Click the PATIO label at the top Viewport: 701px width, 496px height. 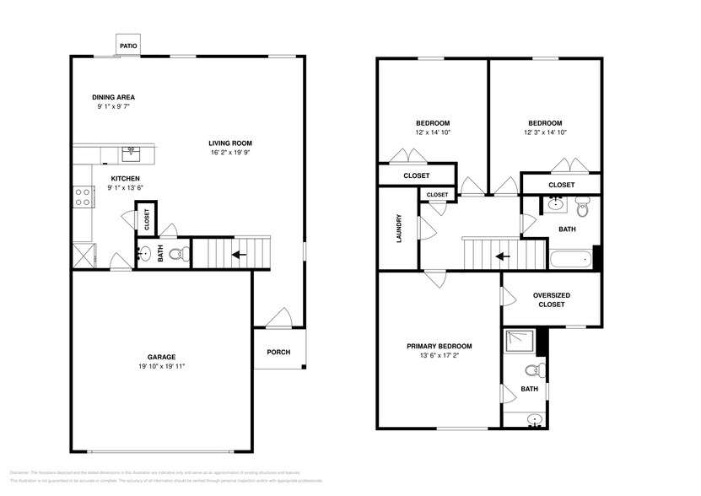[128, 46]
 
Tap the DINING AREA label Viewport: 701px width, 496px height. [113, 98]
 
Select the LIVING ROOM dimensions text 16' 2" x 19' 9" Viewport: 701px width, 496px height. [231, 153]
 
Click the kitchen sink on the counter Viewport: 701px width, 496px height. [130, 154]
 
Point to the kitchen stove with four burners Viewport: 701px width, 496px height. [84, 197]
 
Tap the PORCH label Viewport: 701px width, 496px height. [278, 352]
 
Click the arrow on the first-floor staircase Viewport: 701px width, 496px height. [240, 253]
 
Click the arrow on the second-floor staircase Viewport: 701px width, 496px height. [503, 256]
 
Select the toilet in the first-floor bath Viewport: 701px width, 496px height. [176, 253]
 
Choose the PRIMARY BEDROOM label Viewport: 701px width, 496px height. [439, 346]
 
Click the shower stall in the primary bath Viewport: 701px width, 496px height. [515, 341]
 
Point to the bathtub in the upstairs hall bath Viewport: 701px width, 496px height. [571, 260]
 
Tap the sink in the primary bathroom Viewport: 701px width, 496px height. [531, 418]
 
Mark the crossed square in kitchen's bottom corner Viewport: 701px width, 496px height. [83, 255]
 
